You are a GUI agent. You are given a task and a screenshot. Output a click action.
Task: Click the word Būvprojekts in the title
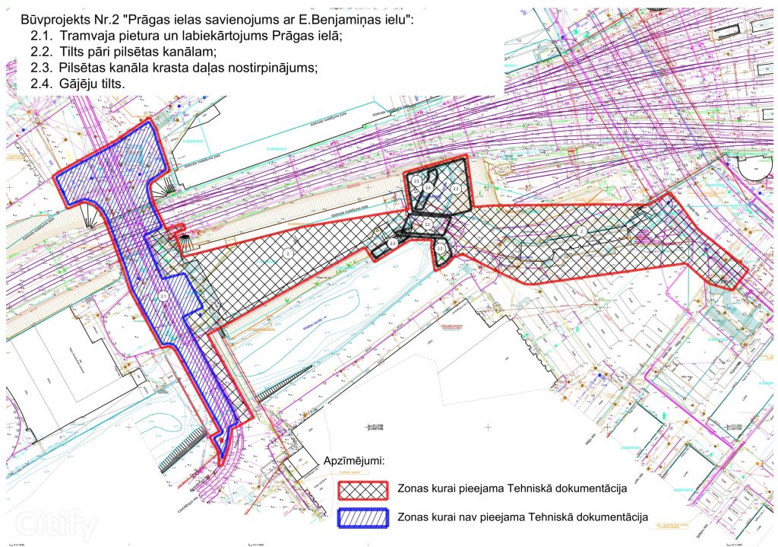point(44,19)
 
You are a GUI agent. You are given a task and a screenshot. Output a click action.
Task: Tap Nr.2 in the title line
point(93,19)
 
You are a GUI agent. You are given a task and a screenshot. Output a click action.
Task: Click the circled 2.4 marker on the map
point(429,187)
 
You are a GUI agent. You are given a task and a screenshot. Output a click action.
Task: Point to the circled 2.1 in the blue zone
point(163,295)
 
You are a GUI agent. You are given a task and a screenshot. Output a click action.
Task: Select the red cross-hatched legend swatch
point(362,488)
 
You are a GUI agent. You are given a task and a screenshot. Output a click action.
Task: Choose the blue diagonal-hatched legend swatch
point(362,517)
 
